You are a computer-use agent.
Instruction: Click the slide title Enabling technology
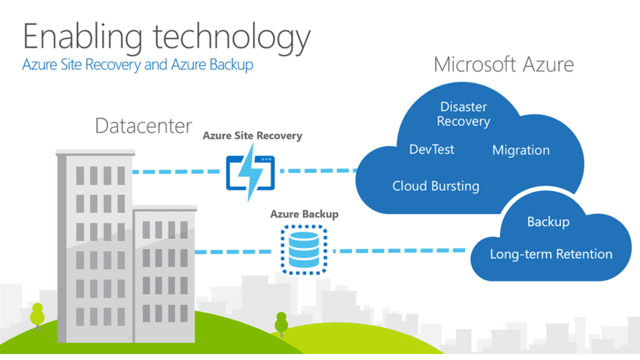(166, 38)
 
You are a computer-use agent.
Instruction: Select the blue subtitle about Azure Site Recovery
(137, 64)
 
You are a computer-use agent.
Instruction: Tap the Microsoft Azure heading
(503, 64)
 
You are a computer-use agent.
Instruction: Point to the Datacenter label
(143, 125)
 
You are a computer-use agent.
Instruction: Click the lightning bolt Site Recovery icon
(250, 173)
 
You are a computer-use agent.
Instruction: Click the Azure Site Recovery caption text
(252, 135)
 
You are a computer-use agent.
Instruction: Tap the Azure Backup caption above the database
(304, 214)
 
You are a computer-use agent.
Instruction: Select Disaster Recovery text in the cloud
(463, 114)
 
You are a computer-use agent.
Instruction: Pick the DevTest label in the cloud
(431, 149)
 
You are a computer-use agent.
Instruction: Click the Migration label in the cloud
(521, 150)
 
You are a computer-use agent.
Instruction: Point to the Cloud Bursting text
(435, 186)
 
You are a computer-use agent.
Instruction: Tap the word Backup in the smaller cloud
(548, 222)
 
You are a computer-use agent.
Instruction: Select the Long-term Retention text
(551, 254)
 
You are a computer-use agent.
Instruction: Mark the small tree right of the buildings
(281, 324)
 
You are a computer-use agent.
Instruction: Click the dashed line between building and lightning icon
(176, 171)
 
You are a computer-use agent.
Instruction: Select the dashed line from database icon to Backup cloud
(399, 251)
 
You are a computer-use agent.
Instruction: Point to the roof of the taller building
(95, 152)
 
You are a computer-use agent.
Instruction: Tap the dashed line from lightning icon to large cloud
(318, 171)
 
